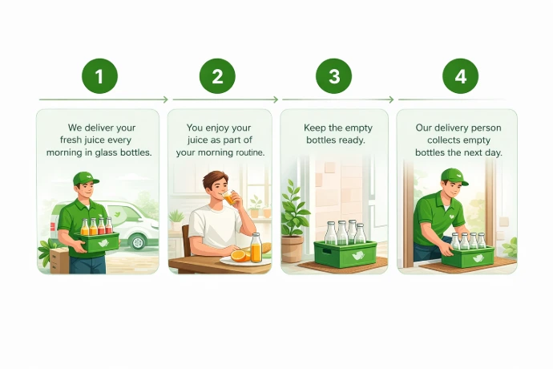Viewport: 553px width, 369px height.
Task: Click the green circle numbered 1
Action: click(x=99, y=76)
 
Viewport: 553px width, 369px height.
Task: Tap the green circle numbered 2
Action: click(x=217, y=76)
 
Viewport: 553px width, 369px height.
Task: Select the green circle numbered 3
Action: click(x=333, y=76)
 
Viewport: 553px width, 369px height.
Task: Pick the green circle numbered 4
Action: click(x=460, y=76)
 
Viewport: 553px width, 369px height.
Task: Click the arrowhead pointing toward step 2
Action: click(x=165, y=99)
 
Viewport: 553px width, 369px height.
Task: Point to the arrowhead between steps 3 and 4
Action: click(x=391, y=99)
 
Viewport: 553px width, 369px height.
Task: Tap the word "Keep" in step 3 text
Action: click(x=315, y=128)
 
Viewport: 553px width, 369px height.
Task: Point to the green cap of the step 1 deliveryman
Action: click(x=86, y=178)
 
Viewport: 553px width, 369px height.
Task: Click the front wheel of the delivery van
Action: click(x=138, y=241)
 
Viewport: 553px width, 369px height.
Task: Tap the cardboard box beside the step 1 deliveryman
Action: click(x=59, y=261)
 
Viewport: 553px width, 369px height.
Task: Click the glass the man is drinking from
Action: click(x=228, y=197)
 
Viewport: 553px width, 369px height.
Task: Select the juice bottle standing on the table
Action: click(x=256, y=248)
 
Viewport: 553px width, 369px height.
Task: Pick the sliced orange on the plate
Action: click(x=240, y=256)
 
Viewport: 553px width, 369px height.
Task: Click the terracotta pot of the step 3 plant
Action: click(x=292, y=249)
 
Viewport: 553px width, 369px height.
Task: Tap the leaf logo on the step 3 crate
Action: click(x=358, y=255)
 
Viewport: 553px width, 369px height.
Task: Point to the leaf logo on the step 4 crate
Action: click(x=478, y=258)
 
